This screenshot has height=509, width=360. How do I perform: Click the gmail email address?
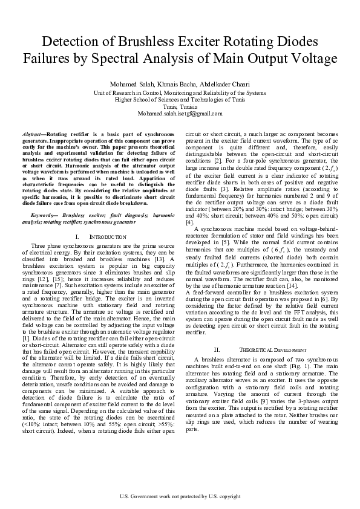click(180, 114)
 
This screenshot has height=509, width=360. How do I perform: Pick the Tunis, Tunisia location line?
click(180, 106)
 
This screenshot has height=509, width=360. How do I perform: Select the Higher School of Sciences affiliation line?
click(180, 99)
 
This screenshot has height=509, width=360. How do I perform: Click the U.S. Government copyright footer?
click(180, 496)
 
